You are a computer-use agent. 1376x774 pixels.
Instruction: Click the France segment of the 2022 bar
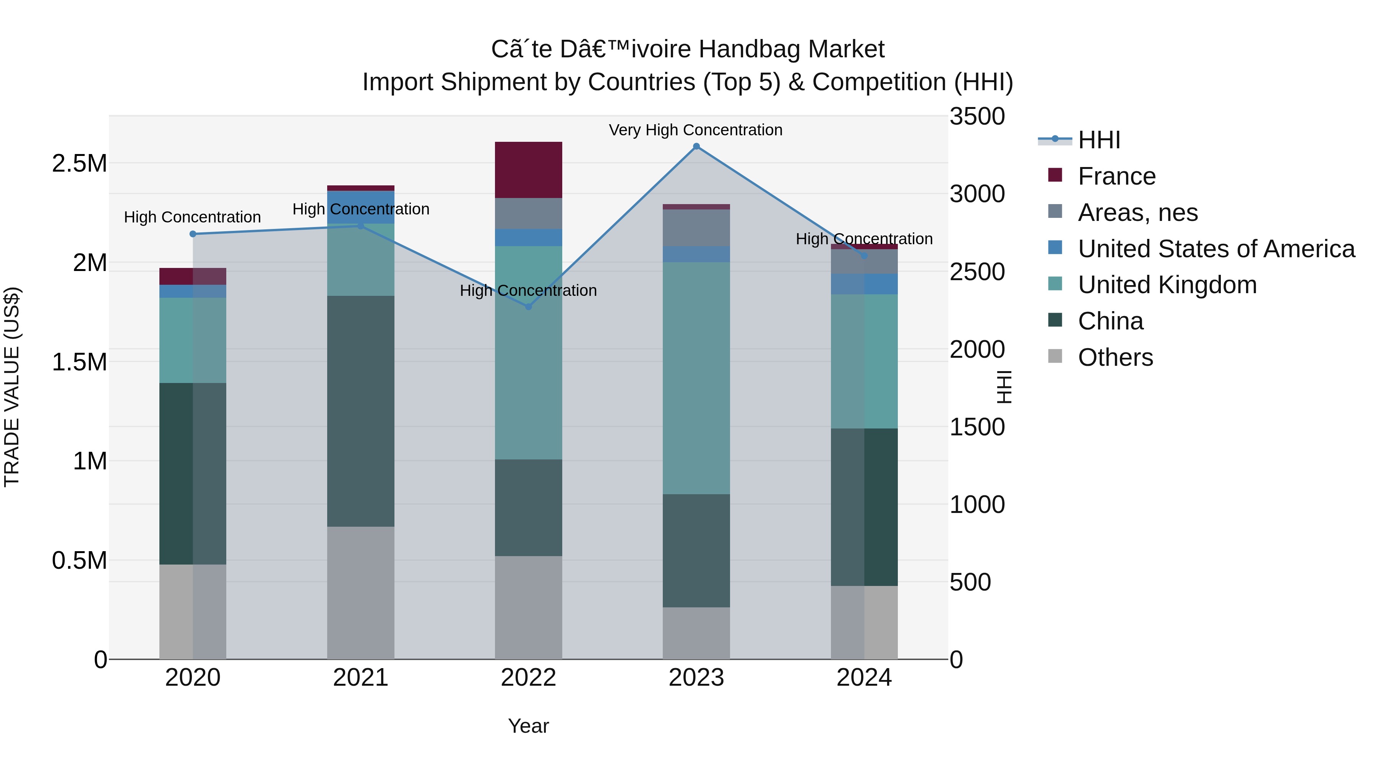[x=528, y=170]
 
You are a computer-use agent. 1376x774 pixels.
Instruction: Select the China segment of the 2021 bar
[x=360, y=411]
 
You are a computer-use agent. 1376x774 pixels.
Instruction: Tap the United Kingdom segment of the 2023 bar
[x=696, y=378]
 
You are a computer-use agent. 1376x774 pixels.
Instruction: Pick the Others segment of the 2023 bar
[x=696, y=633]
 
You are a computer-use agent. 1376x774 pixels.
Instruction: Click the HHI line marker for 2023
[x=696, y=146]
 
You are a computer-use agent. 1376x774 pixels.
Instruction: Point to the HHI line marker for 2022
[x=528, y=307]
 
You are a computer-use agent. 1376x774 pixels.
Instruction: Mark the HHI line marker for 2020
[x=193, y=234]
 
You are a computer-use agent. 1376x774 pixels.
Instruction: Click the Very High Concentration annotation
[x=696, y=130]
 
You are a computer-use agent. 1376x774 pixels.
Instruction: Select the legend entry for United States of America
[x=1216, y=248]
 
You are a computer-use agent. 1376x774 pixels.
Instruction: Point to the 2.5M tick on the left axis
[x=79, y=164]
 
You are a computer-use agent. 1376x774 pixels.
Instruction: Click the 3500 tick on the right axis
[x=977, y=117]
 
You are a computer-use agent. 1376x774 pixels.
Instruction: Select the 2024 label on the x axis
[x=864, y=678]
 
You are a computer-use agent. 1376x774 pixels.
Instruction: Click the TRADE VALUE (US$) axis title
[x=12, y=387]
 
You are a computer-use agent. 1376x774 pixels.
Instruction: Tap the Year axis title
[x=528, y=726]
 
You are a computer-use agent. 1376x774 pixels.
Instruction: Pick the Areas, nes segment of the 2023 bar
[x=696, y=227]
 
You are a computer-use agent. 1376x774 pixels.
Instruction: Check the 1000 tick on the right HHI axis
[x=977, y=505]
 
